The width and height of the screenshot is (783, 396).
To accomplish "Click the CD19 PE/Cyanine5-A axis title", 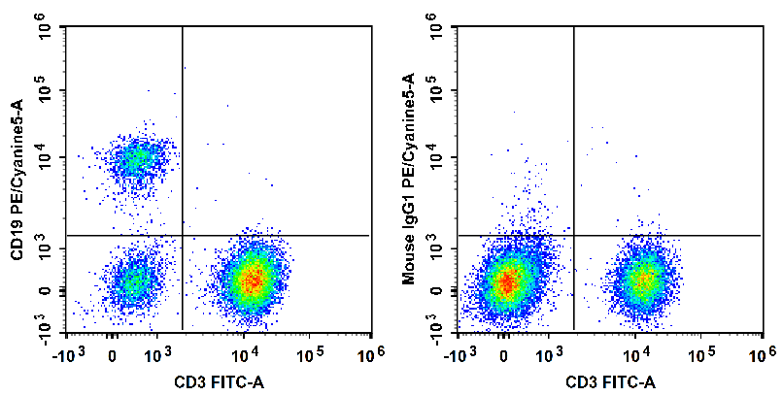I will [x=17, y=181].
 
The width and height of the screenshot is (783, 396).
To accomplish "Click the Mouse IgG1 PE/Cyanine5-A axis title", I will [x=409, y=181].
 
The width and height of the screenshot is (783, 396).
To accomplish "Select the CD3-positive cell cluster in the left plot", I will [x=252, y=280].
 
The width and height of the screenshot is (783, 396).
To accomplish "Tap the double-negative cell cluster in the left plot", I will [x=135, y=282].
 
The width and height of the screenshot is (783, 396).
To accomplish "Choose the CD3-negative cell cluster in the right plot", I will [x=505, y=282].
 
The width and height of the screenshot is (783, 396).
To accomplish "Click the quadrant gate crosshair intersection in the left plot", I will [x=183, y=235].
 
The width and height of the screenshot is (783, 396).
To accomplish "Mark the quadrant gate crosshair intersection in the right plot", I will [x=574, y=235].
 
